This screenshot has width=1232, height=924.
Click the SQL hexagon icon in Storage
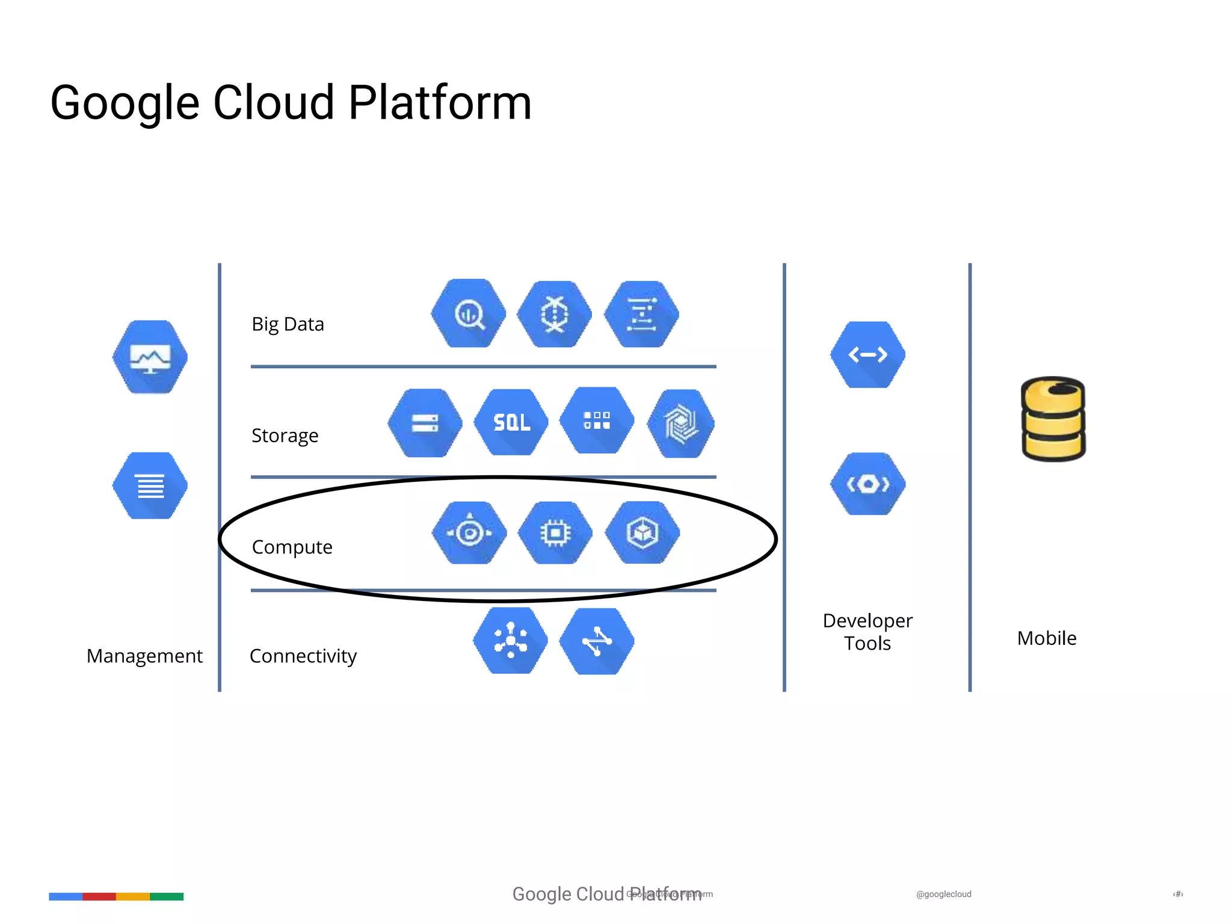pos(511,422)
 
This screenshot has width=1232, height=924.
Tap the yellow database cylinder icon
pos(1053,419)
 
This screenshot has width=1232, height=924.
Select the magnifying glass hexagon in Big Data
pos(469,313)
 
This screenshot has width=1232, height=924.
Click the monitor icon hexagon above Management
pos(150,357)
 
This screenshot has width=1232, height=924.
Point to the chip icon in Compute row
pos(555,533)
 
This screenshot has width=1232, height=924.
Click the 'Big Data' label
pos(288,324)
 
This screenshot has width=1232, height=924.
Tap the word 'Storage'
pos(285,436)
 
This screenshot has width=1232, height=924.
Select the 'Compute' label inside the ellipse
pos(292,547)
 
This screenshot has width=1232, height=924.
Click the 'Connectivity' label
pos(303,656)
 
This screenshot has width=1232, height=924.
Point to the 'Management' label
pos(144,656)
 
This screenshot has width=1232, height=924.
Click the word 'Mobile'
pos(1047,638)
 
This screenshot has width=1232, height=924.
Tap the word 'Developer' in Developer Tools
pos(867,621)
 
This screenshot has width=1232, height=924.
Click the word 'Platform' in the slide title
pos(440,103)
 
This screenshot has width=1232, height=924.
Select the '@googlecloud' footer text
pos(943,895)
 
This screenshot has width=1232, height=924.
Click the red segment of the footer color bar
pos(99,896)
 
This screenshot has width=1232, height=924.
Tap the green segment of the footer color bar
pos(167,896)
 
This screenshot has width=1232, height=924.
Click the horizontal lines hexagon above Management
pos(150,485)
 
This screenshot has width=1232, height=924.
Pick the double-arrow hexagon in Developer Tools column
pos(867,355)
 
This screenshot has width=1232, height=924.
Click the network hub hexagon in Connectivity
pos(510,641)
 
